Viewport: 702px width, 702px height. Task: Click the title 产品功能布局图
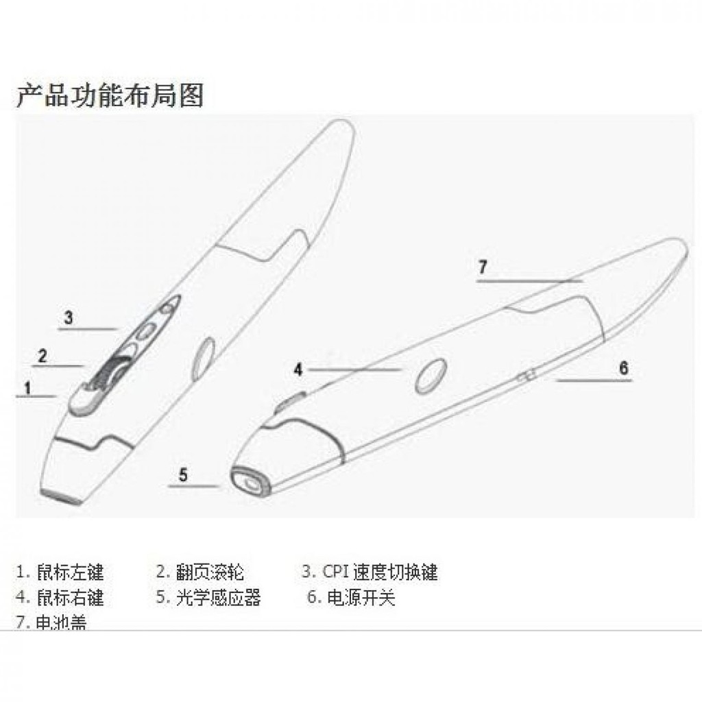click(110, 95)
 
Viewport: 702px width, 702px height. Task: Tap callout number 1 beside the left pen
click(28, 388)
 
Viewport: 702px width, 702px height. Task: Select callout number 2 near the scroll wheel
click(43, 356)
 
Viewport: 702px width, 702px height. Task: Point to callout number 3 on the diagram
click(69, 317)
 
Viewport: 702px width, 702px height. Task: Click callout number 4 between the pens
click(298, 370)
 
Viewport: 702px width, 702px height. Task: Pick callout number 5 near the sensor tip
click(183, 474)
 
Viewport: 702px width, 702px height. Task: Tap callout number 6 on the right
click(623, 367)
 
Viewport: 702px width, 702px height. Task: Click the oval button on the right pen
click(431, 376)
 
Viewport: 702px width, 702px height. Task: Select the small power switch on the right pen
click(526, 376)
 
